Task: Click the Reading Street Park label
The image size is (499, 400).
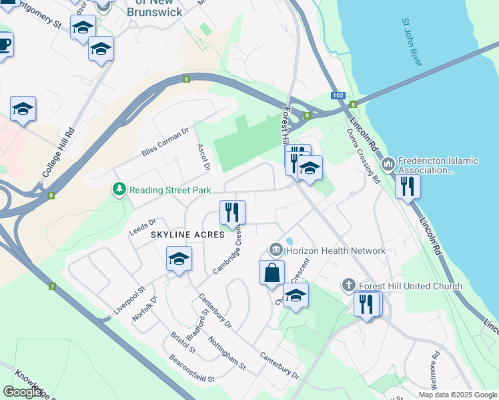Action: (170, 190)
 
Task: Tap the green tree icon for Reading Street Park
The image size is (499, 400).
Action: (119, 190)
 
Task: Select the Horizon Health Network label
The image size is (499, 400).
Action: (336, 251)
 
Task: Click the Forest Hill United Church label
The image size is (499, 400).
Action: (410, 286)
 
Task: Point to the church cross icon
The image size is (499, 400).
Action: (348, 286)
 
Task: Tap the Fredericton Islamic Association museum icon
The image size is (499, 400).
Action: (388, 164)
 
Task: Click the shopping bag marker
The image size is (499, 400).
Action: (272, 273)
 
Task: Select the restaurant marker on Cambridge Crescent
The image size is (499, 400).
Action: (232, 213)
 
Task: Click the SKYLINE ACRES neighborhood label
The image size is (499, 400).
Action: (187, 235)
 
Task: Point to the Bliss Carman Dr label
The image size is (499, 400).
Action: (166, 143)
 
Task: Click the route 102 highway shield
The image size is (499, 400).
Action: (338, 95)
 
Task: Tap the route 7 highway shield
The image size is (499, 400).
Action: (51, 287)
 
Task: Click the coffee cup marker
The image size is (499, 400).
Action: (4, 45)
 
